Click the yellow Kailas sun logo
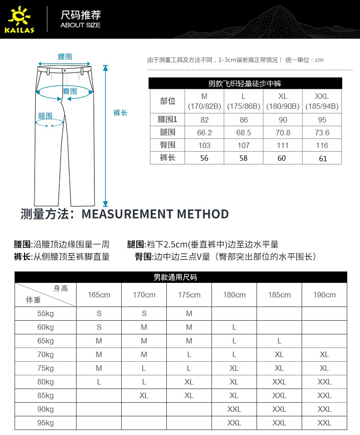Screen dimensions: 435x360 click(19, 17)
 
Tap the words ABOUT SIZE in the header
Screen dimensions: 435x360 click(80, 25)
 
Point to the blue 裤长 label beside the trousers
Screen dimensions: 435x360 click(120, 113)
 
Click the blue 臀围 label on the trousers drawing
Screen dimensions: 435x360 click(69, 91)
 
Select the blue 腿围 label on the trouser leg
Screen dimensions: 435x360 click(45, 116)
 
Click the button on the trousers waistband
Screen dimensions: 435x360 click(64, 71)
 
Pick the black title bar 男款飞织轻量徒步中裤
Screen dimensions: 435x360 click(245, 83)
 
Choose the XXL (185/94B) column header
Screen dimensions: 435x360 click(322, 101)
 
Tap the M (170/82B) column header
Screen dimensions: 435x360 click(204, 101)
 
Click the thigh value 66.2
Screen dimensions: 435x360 click(204, 133)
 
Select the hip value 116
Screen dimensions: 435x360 click(322, 145)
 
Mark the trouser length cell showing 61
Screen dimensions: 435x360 click(322, 158)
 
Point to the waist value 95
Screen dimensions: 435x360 click(322, 120)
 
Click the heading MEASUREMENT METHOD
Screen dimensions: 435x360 click(155, 214)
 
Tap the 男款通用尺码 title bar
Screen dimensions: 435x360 click(181, 277)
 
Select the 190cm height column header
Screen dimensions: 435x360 click(324, 295)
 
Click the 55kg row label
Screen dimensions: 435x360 click(46, 313)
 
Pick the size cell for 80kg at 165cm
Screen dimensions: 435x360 click(99, 382)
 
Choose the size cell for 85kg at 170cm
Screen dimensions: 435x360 click(144, 395)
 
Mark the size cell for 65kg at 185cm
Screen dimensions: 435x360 click(279, 341)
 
